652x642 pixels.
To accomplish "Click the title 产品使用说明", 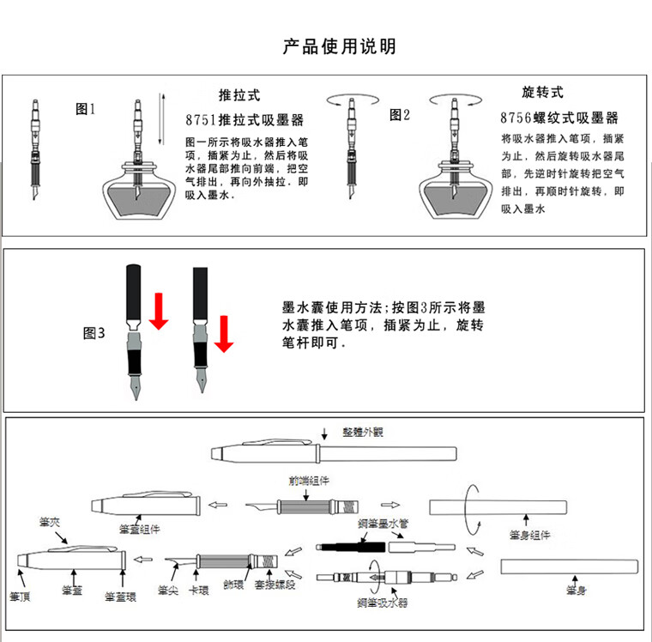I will pyautogui.click(x=339, y=46).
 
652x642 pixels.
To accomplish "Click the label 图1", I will pyautogui.click(x=86, y=109).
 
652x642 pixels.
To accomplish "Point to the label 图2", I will pyautogui.click(x=401, y=115).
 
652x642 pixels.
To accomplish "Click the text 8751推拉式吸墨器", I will pyautogui.click(x=244, y=119).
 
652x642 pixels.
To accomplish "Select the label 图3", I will pyautogui.click(x=94, y=333).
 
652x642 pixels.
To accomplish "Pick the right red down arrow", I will pyautogui.click(x=224, y=333).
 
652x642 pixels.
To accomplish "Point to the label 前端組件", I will pyautogui.click(x=309, y=481).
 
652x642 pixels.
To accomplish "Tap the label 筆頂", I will pyautogui.click(x=21, y=595).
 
